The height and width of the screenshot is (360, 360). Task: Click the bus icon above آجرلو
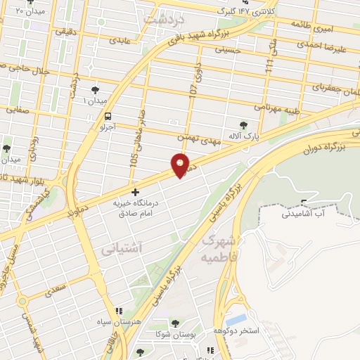[x=108, y=117]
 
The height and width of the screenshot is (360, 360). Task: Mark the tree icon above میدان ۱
[x=96, y=89]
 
